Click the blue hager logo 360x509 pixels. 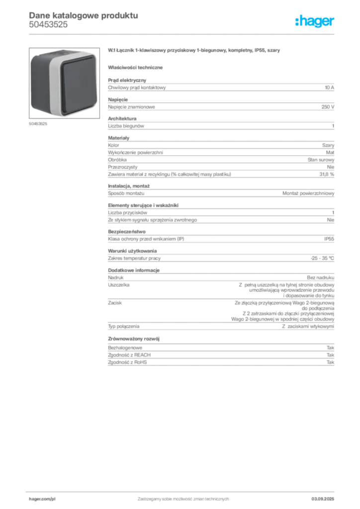click(x=316, y=22)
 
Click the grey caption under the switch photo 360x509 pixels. click(x=38, y=124)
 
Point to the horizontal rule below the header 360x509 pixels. click(x=183, y=34)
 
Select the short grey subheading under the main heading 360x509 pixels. click(x=137, y=67)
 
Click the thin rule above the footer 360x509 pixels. click(x=183, y=490)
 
